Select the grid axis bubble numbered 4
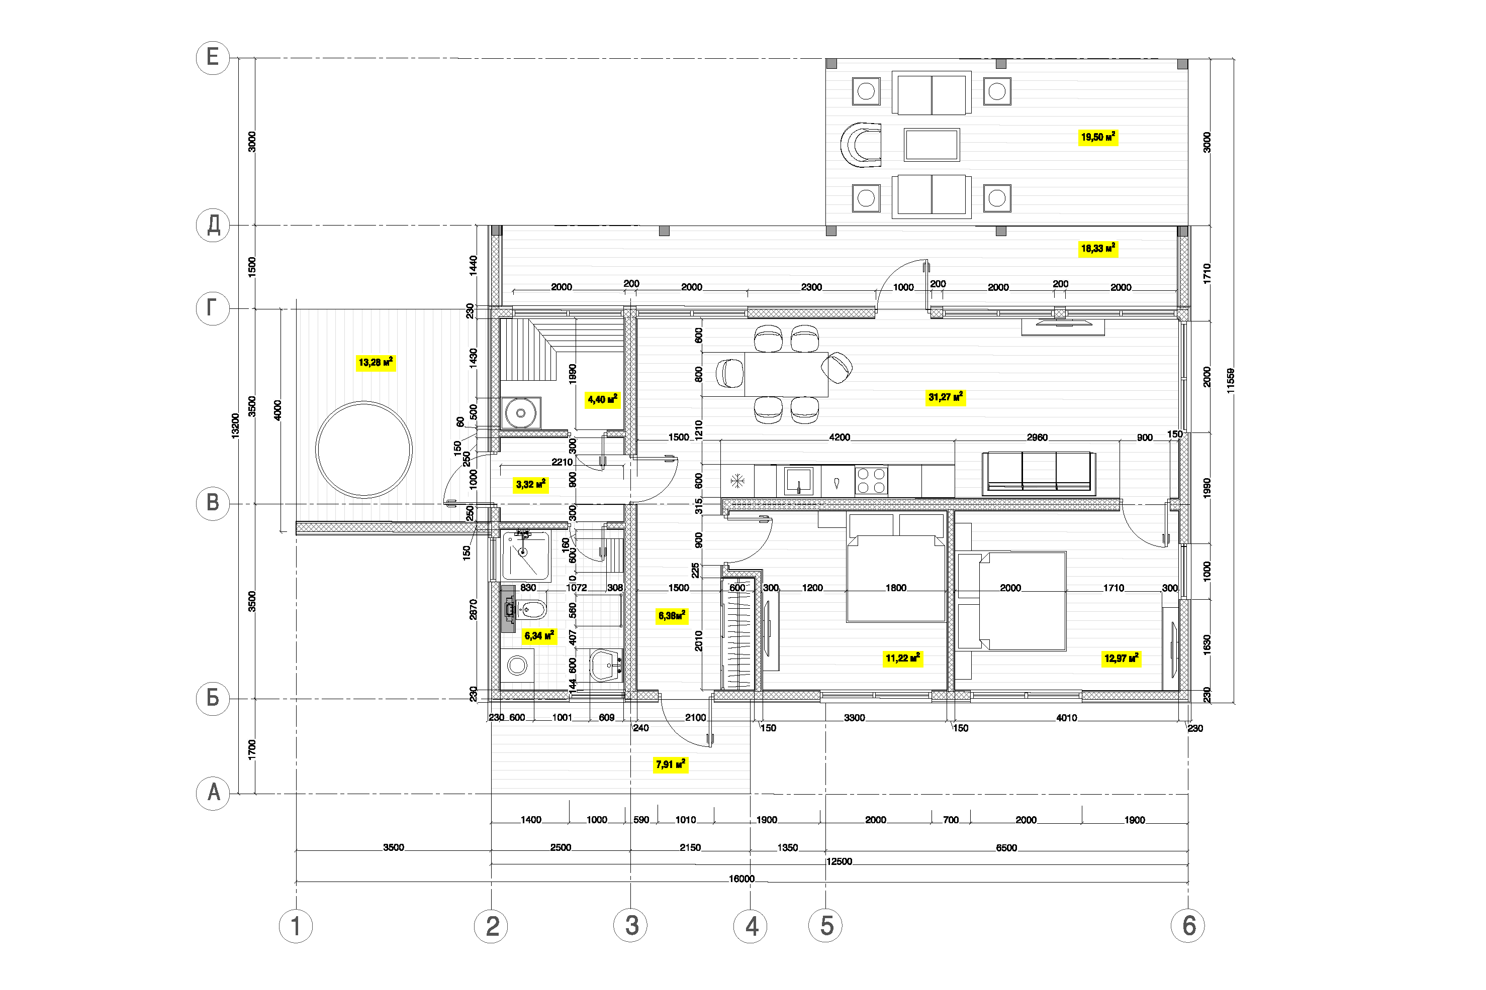point(750,926)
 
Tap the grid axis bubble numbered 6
point(1188,926)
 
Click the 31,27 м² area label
point(945,397)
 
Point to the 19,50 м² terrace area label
point(1098,137)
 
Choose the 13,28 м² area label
point(376,363)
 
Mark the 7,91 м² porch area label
point(670,764)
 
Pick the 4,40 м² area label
point(603,400)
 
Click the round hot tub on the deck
point(364,450)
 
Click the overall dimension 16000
point(741,878)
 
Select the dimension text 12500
point(839,861)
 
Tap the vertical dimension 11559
point(1230,381)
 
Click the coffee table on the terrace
point(932,145)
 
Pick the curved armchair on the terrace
point(861,145)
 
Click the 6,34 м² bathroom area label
point(539,636)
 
